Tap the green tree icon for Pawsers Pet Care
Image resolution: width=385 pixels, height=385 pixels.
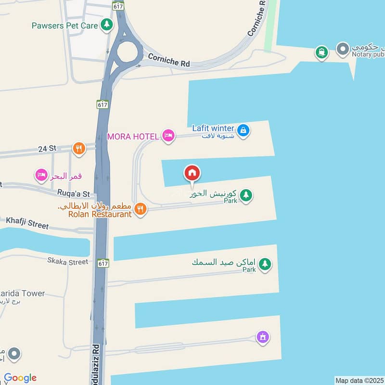click(x=106, y=25)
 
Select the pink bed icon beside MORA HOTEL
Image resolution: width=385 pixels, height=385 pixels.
click(x=167, y=136)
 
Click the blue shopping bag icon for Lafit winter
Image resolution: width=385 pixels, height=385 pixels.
click(x=244, y=130)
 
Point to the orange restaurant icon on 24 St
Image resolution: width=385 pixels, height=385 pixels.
click(x=79, y=148)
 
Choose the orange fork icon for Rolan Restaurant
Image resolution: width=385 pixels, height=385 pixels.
click(x=140, y=209)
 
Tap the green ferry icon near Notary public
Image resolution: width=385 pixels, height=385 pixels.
click(x=321, y=51)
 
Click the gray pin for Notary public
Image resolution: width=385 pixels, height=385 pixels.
click(x=343, y=49)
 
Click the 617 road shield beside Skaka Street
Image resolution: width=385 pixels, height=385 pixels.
click(x=103, y=263)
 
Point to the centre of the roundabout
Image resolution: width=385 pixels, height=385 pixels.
click(x=128, y=52)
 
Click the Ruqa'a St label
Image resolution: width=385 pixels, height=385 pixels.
click(x=74, y=194)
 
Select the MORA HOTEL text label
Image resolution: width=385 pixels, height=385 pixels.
click(x=133, y=137)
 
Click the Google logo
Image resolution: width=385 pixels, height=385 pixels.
click(x=20, y=378)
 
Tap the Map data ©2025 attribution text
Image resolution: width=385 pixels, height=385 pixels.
click(x=359, y=381)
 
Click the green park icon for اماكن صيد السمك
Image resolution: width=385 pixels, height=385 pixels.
click(x=264, y=264)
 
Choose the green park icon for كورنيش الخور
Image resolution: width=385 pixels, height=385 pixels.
click(x=246, y=195)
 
